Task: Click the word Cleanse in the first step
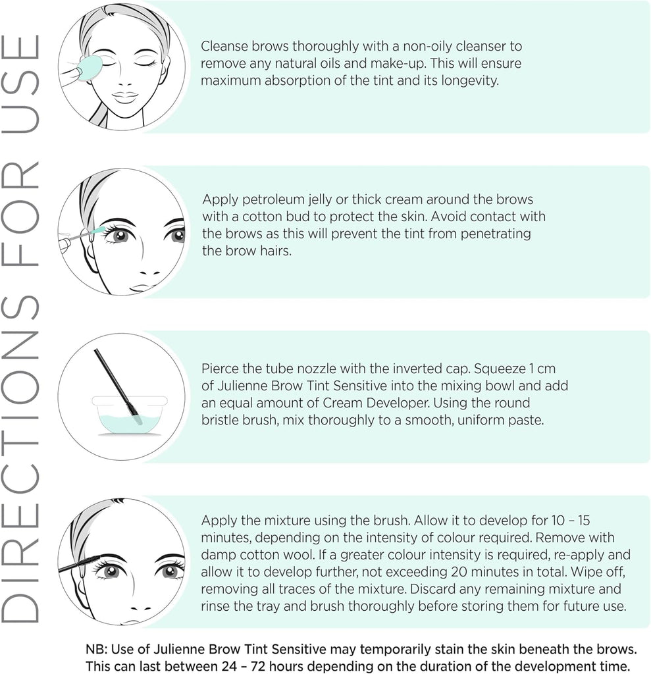[224, 46]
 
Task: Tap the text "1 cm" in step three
[542, 369]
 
